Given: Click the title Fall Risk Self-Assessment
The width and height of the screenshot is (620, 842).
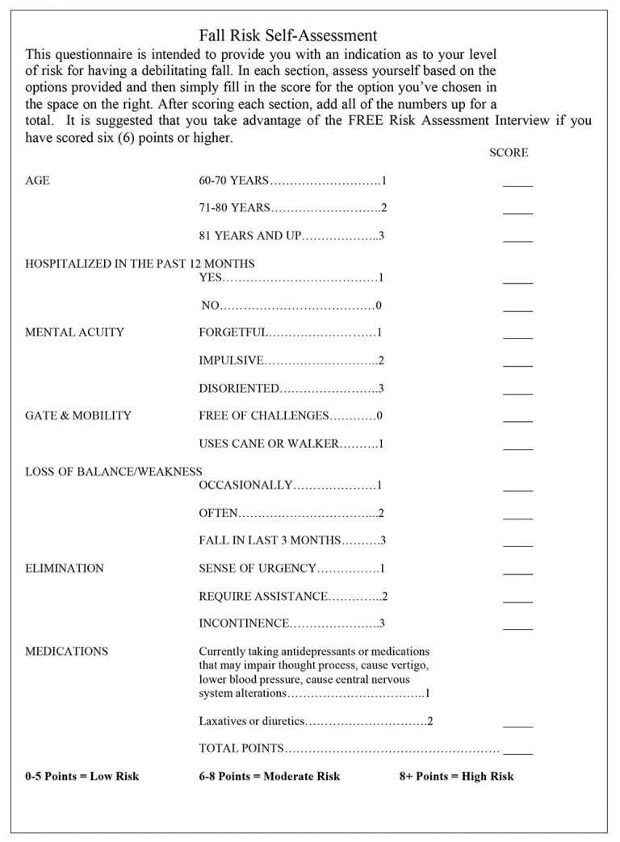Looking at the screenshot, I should [x=288, y=35].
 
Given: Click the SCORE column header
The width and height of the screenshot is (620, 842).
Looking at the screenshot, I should [x=509, y=152].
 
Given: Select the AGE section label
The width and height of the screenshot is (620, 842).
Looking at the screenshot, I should [x=37, y=181].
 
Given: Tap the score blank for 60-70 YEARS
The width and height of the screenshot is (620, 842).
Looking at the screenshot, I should [x=517, y=185].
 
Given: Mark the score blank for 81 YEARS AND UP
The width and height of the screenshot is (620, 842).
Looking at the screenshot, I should [x=517, y=240].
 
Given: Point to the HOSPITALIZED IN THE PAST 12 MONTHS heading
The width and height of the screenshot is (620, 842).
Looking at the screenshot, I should [x=140, y=264].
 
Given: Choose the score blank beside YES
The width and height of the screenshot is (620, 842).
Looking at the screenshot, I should [x=517, y=281].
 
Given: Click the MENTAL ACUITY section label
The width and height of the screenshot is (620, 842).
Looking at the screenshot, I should [x=75, y=332].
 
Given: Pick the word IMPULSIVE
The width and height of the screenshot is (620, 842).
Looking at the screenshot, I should [x=231, y=361].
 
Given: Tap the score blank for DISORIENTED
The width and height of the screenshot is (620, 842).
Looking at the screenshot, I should [x=517, y=392].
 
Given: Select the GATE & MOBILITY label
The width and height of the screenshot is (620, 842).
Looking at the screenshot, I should [x=78, y=416].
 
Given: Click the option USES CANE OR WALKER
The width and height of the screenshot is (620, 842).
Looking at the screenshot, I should [x=269, y=444].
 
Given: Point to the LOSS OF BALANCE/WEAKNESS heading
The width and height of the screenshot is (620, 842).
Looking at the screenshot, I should [x=114, y=472].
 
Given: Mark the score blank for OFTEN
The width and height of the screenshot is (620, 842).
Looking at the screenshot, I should [x=517, y=517].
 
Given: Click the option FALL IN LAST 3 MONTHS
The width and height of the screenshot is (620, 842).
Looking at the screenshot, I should [x=270, y=540].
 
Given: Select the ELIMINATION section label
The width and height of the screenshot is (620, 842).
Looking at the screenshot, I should [x=65, y=569].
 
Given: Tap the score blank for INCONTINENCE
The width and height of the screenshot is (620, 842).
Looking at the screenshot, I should [x=517, y=627].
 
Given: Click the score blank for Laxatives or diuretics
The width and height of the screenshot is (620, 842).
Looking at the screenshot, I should [x=517, y=725].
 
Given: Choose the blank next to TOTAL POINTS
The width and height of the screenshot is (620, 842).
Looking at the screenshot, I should [x=517, y=752].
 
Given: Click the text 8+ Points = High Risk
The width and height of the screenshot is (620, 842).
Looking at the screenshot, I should [x=456, y=777].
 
